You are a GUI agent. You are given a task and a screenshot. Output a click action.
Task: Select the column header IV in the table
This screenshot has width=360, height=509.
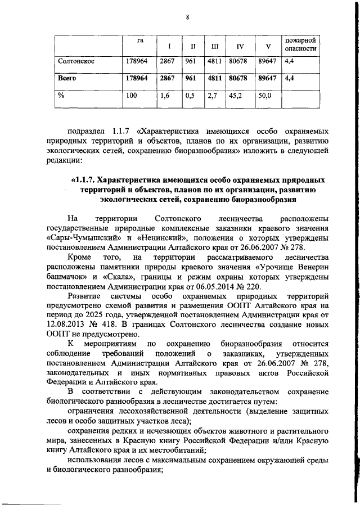point(240,45)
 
